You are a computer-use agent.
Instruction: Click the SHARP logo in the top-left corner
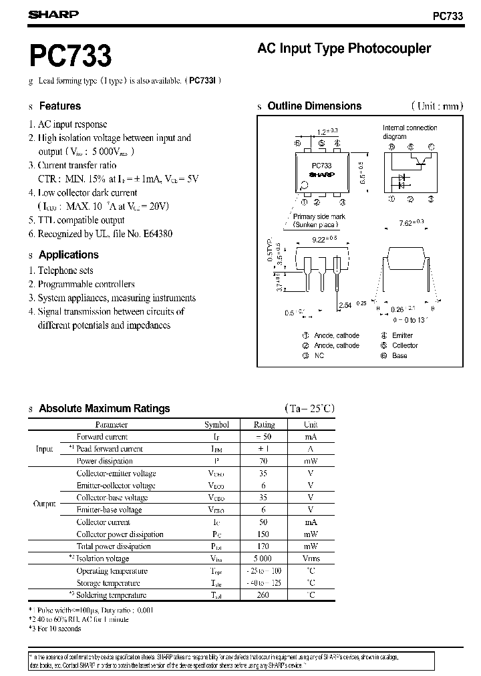[53, 13]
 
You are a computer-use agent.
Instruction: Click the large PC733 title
[69, 56]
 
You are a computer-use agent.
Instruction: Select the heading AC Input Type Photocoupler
[344, 49]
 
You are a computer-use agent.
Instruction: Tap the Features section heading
[59, 106]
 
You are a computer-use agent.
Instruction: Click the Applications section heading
[68, 255]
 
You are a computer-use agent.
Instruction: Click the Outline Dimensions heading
[314, 106]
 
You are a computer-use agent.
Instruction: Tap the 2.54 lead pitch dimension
[345, 305]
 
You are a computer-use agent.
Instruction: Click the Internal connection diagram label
[410, 132]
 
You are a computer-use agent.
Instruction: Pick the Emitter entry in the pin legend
[402, 335]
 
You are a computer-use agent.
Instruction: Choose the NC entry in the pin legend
[319, 355]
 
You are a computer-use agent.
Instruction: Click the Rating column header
[264, 424]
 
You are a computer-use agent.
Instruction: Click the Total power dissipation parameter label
[114, 546]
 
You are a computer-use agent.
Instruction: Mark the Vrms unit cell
[311, 558]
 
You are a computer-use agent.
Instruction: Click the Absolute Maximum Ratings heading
[104, 409]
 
